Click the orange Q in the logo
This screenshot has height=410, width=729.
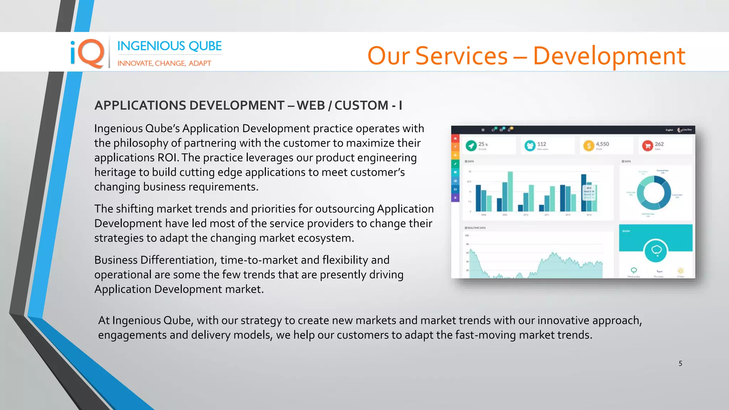pos(91,53)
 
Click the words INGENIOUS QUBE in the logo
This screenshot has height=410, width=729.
pos(169,46)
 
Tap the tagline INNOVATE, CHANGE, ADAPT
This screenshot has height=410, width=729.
pos(164,63)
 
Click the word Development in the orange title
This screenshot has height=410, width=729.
pos(609,56)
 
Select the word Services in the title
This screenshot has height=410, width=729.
pos(461,56)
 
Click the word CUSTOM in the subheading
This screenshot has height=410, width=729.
pos(361,105)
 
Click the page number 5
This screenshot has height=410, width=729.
pos(680,363)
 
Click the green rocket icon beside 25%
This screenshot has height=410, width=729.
pos(471,146)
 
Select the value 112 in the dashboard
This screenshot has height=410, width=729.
pos(541,144)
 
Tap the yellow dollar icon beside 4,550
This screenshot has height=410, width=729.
pos(588,146)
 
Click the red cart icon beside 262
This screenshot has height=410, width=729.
pos(647,146)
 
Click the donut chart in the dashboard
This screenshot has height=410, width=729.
pos(654,193)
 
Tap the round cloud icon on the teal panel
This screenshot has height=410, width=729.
pos(656,251)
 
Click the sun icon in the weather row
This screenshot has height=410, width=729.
pos(680,270)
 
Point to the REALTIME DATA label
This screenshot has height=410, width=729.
pos(476,228)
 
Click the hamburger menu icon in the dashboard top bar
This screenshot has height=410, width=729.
pos(483,130)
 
